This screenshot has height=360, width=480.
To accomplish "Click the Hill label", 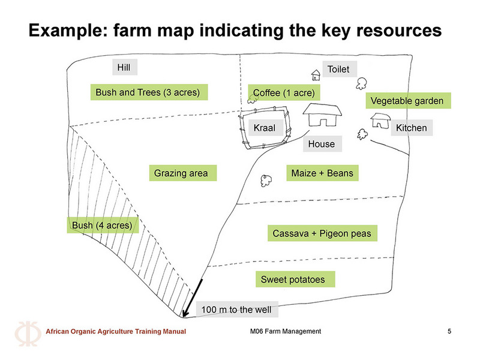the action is coord(125,67).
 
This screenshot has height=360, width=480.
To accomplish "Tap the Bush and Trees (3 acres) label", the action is coord(149,92).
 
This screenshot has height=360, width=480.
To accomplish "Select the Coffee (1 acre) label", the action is coord(284,92).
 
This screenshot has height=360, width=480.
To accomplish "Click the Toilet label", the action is coord(340,69).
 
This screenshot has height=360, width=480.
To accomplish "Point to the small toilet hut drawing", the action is coord(316,75).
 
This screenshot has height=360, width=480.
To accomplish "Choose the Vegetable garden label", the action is coord(408,100).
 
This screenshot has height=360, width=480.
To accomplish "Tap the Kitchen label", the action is coord(412,128).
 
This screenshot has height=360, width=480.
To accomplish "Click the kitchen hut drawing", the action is coord(380,121).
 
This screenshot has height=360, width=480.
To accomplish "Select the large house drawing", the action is coord(322,115).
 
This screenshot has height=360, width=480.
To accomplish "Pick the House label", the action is coord(322,144).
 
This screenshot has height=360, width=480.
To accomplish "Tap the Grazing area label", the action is coord(183,173).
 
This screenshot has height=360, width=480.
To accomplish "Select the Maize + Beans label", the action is coord(322,173).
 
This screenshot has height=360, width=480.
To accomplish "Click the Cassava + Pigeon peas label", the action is coord(322,233).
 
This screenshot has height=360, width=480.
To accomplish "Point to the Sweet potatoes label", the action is coord(295,279).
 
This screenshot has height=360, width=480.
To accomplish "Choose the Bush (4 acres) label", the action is coord(103,226).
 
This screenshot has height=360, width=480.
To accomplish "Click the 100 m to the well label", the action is coord(237,309).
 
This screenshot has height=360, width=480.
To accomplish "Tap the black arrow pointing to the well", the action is coord(193,298).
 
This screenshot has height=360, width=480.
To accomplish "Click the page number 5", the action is coord(449,331).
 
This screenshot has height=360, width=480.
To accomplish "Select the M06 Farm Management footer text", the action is coord(286,331).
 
